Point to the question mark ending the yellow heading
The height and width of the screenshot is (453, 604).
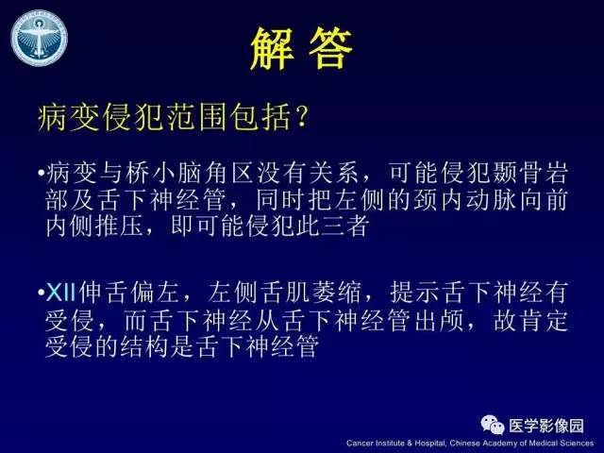click(302, 117)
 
